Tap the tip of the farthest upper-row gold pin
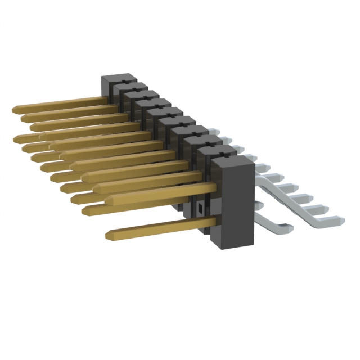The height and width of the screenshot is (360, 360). point(13,108)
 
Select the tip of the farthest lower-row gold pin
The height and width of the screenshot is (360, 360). point(15,138)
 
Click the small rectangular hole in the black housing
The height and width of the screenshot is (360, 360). point(200,209)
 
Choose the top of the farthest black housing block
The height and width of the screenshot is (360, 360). point(116,79)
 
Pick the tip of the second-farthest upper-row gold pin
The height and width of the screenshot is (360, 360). point(23,118)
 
